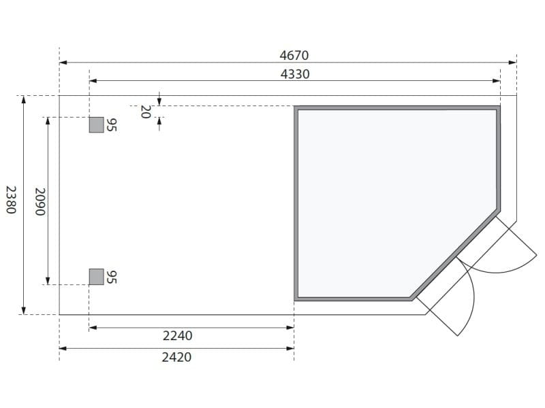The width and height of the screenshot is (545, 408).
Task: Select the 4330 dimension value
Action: (295, 74)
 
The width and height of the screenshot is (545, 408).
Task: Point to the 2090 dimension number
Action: (39, 202)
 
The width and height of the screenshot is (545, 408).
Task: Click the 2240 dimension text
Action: (177, 335)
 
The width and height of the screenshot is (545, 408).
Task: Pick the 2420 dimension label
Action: (177, 356)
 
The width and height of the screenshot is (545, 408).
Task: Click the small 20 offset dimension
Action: (144, 112)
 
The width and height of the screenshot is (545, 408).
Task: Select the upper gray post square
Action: (96, 125)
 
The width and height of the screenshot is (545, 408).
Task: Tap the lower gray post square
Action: (96, 276)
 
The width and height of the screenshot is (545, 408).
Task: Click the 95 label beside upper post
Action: (112, 125)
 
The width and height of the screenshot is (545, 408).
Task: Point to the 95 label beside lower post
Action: (112, 277)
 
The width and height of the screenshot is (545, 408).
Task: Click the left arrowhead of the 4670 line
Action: (63, 63)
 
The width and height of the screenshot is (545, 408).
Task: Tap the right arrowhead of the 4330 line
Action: (497, 81)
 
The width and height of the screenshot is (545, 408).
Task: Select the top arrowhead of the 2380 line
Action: (24, 99)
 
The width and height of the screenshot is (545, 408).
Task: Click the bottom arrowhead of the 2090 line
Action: (48, 280)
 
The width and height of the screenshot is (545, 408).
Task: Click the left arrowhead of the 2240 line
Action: (93, 328)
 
